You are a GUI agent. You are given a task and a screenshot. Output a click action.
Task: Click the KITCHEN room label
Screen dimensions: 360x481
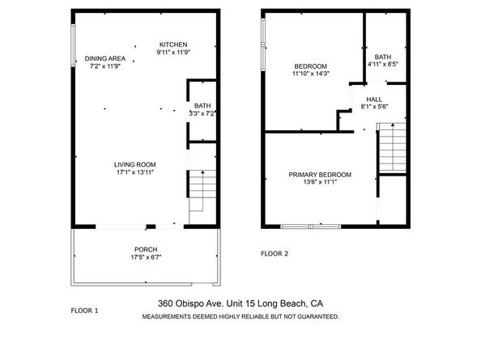click(x=173, y=44)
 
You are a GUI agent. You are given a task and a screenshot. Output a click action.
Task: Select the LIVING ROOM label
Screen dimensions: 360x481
click(x=134, y=164)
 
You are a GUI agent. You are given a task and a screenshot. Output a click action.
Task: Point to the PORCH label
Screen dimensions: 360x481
click(x=146, y=249)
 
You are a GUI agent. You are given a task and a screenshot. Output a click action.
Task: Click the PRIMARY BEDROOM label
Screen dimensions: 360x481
click(x=321, y=175)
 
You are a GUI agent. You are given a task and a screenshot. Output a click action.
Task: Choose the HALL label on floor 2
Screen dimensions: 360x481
click(x=374, y=99)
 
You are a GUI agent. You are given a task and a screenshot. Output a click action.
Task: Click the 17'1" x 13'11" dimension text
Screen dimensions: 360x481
click(x=134, y=172)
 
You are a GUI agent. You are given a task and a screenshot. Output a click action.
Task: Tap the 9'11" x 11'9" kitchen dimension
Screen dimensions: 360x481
click(x=173, y=52)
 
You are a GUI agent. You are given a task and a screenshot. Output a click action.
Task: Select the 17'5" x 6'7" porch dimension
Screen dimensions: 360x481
click(x=146, y=258)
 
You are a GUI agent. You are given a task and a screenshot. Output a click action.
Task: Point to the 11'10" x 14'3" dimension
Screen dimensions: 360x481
click(x=310, y=74)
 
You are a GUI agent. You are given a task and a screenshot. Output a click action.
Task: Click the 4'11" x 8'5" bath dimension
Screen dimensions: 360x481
click(x=383, y=63)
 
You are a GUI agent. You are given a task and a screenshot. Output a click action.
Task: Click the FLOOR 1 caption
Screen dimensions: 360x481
click(x=84, y=310)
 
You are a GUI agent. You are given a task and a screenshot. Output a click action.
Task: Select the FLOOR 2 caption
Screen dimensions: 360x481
click(x=274, y=254)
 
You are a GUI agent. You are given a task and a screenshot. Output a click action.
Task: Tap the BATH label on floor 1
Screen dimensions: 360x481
click(x=202, y=105)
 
